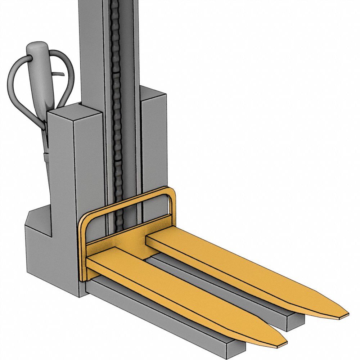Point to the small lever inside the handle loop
click(59, 74)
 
